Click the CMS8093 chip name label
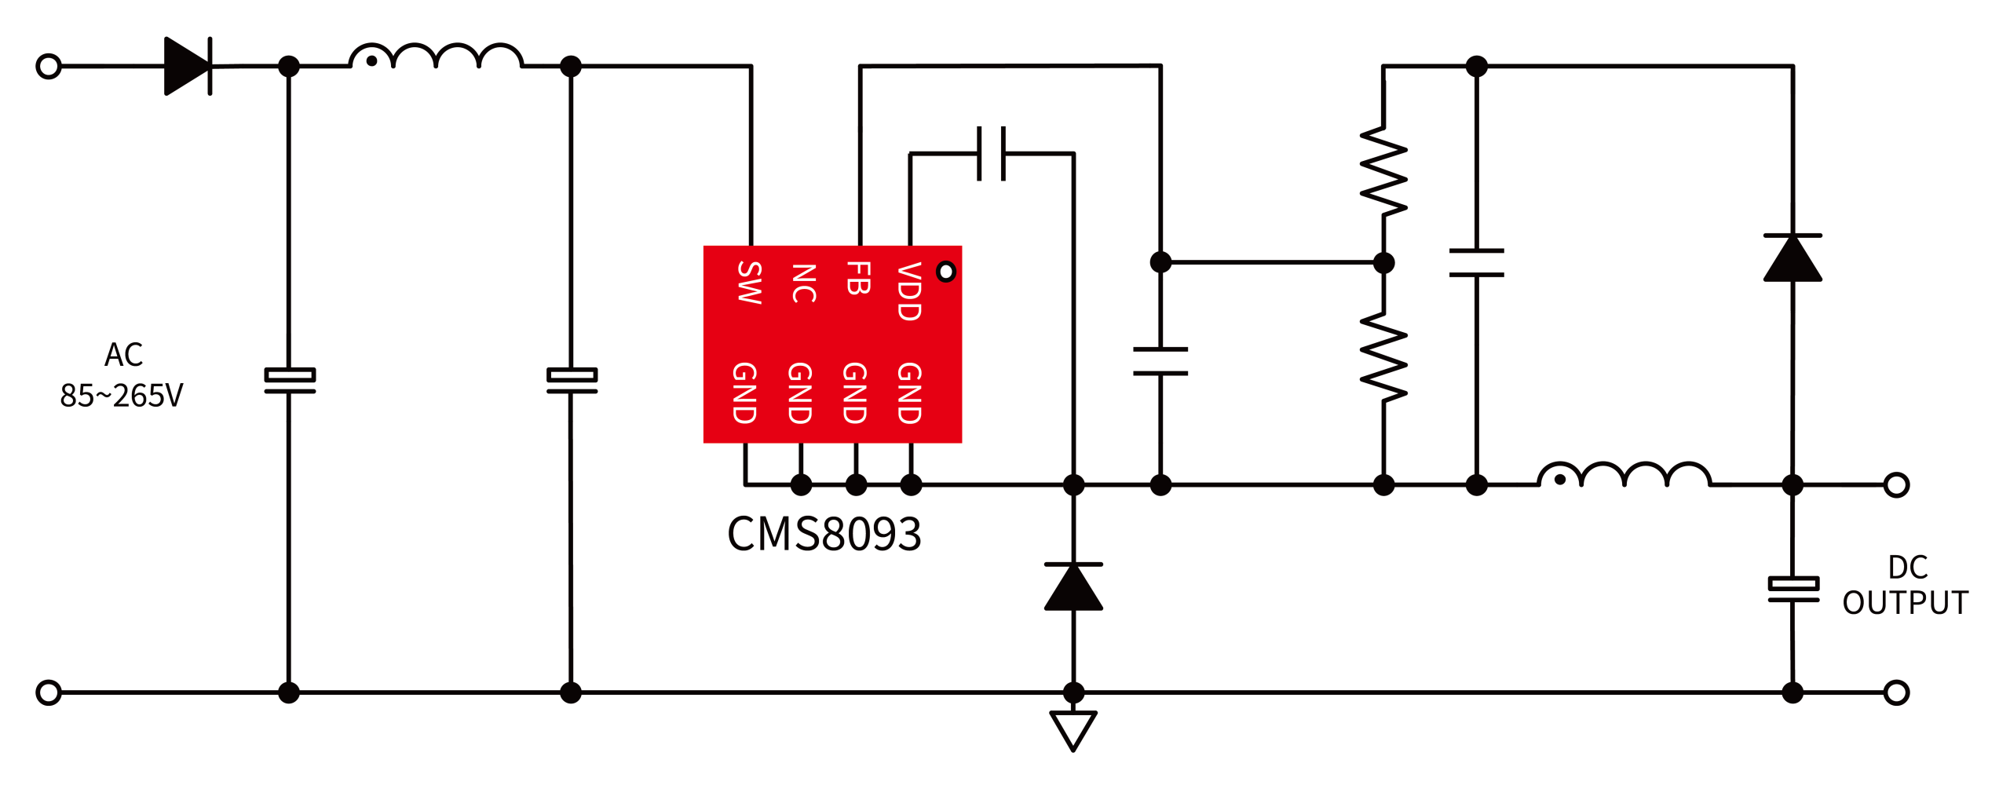click(824, 535)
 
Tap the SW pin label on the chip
click(750, 283)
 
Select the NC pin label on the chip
click(803, 283)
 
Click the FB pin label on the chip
click(858, 278)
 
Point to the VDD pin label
click(908, 291)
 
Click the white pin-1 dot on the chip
click(946, 272)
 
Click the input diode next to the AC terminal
click(188, 66)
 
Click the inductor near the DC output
click(1624, 475)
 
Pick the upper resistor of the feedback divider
click(1383, 170)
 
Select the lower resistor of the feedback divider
click(1383, 357)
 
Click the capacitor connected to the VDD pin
click(992, 153)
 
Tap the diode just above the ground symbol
click(1073, 586)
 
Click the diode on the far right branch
click(1793, 258)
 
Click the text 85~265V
click(122, 396)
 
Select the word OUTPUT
click(1906, 603)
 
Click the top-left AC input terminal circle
click(49, 66)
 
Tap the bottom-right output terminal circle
click(1896, 692)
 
